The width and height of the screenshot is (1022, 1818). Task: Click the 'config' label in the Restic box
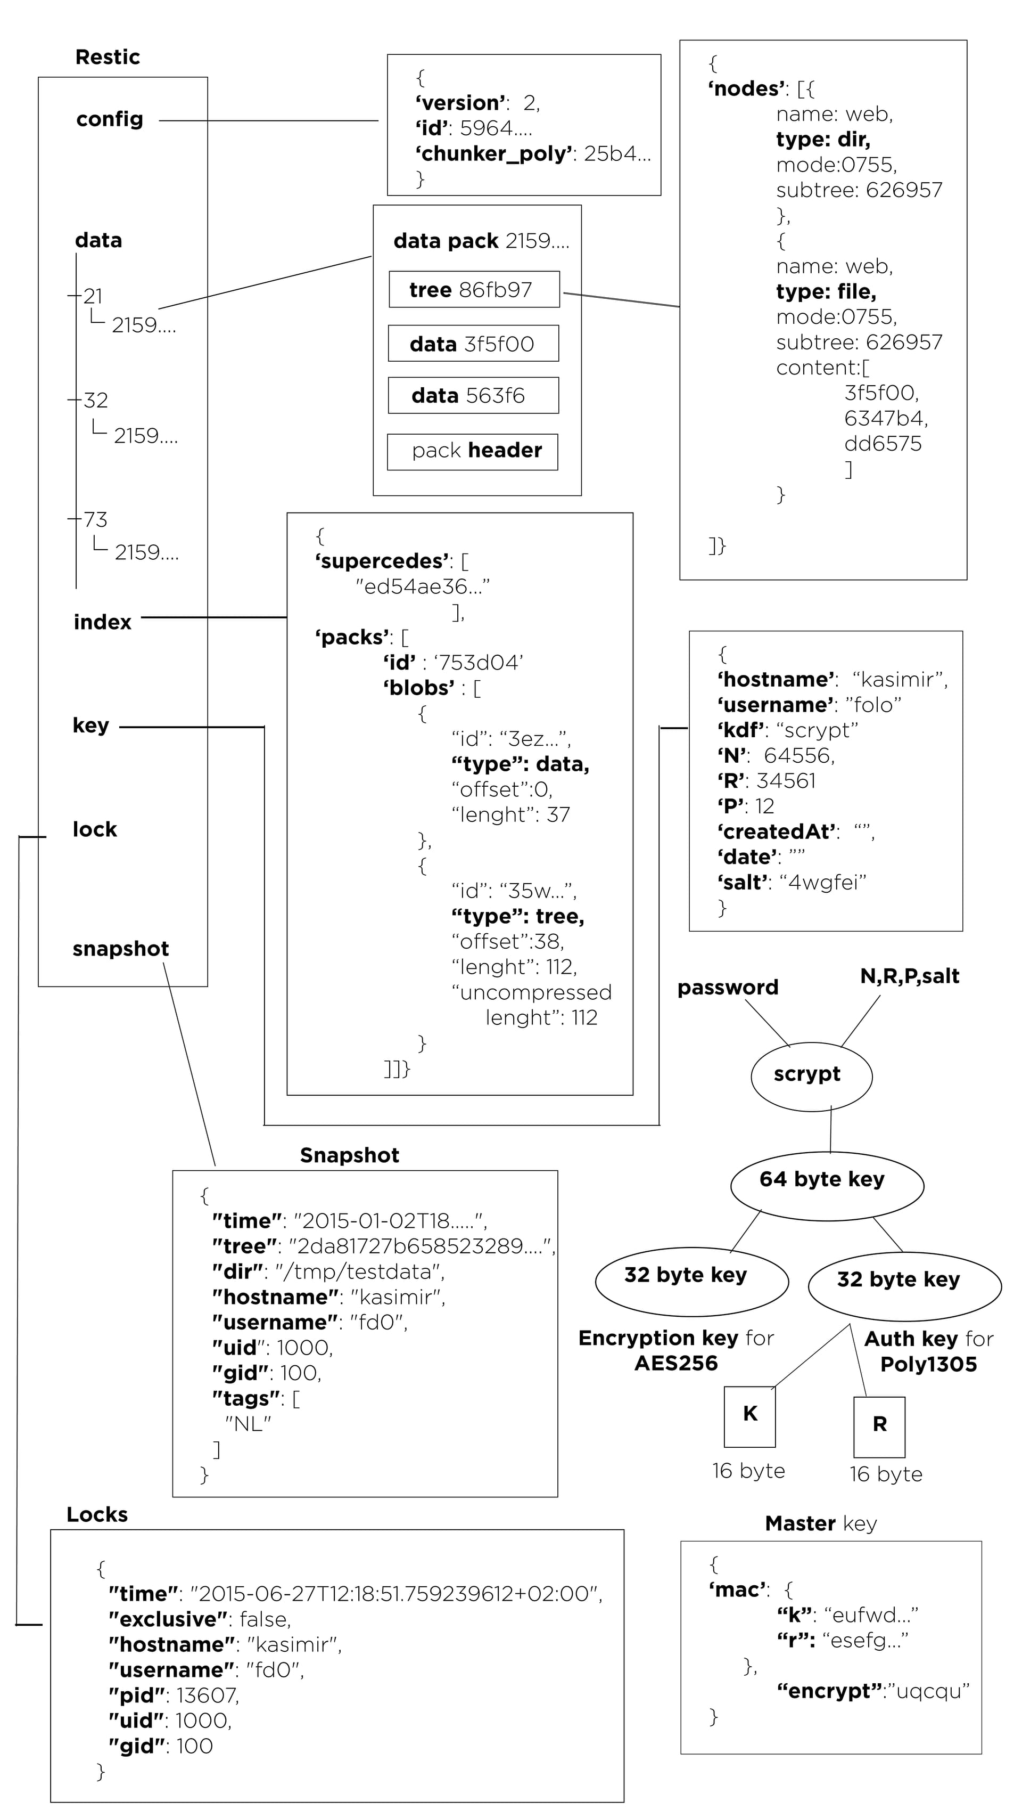pos(109,119)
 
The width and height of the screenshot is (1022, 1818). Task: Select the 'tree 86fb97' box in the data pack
pos(474,289)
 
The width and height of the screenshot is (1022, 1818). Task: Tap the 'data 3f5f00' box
pos(473,344)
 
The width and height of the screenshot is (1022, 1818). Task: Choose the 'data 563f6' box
pos(473,396)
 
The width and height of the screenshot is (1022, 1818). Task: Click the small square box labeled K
pos(750,1416)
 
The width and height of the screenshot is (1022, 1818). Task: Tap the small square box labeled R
pos(879,1426)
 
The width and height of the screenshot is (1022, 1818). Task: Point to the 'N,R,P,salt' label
pos(909,976)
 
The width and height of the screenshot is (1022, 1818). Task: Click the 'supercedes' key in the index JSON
pos(382,561)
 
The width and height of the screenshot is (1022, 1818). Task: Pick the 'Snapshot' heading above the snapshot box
pos(349,1155)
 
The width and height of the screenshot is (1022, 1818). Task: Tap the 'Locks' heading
pos(97,1514)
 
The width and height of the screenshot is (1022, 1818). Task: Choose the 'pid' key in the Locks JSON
pos(137,1695)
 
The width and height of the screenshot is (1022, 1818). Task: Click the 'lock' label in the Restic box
pos(95,829)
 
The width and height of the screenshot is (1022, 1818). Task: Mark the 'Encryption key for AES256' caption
pos(675,1350)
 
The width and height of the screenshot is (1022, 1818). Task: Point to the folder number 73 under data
pos(96,520)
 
